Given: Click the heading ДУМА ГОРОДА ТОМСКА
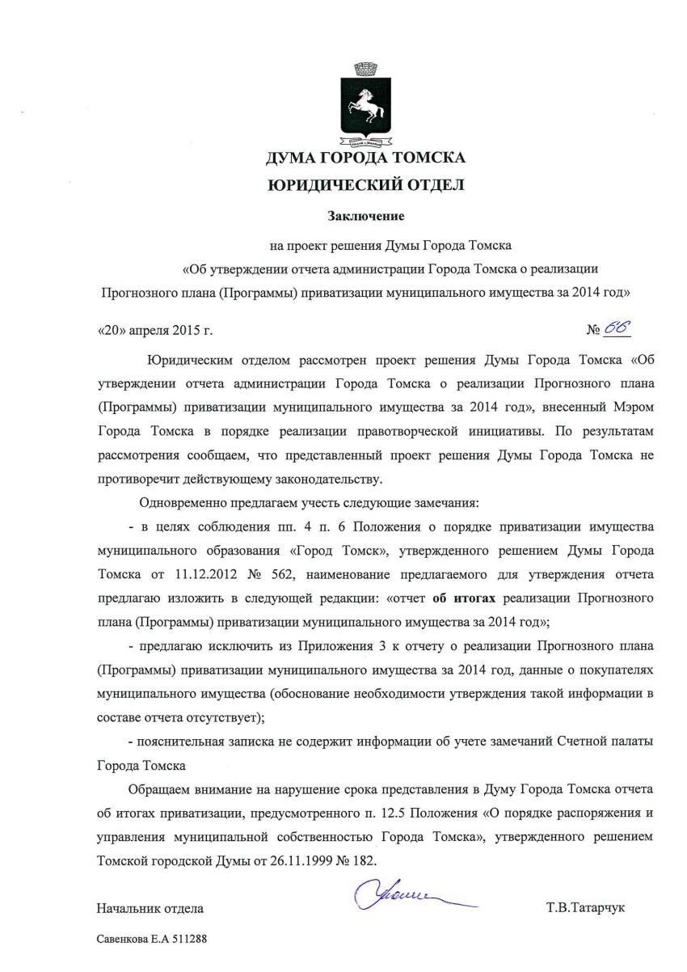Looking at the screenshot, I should point(366,158).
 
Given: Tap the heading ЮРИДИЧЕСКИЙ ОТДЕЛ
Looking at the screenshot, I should point(366,187).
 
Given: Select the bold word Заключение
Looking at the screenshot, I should point(365,216).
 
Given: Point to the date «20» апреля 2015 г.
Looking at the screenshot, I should point(154,331).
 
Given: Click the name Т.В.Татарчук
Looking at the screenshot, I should point(585,908).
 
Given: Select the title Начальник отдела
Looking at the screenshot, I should point(150,908).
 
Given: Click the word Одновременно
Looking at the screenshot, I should point(185,501).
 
